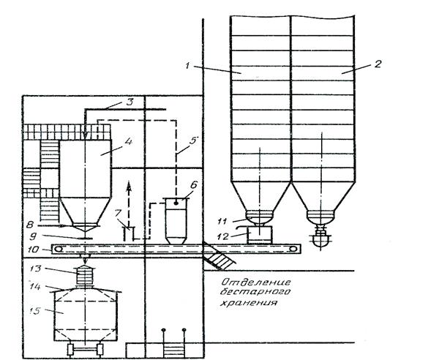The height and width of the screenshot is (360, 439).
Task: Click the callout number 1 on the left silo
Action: pyautogui.click(x=188, y=67)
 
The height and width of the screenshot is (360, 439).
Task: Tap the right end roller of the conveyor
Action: pyautogui.click(x=293, y=250)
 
